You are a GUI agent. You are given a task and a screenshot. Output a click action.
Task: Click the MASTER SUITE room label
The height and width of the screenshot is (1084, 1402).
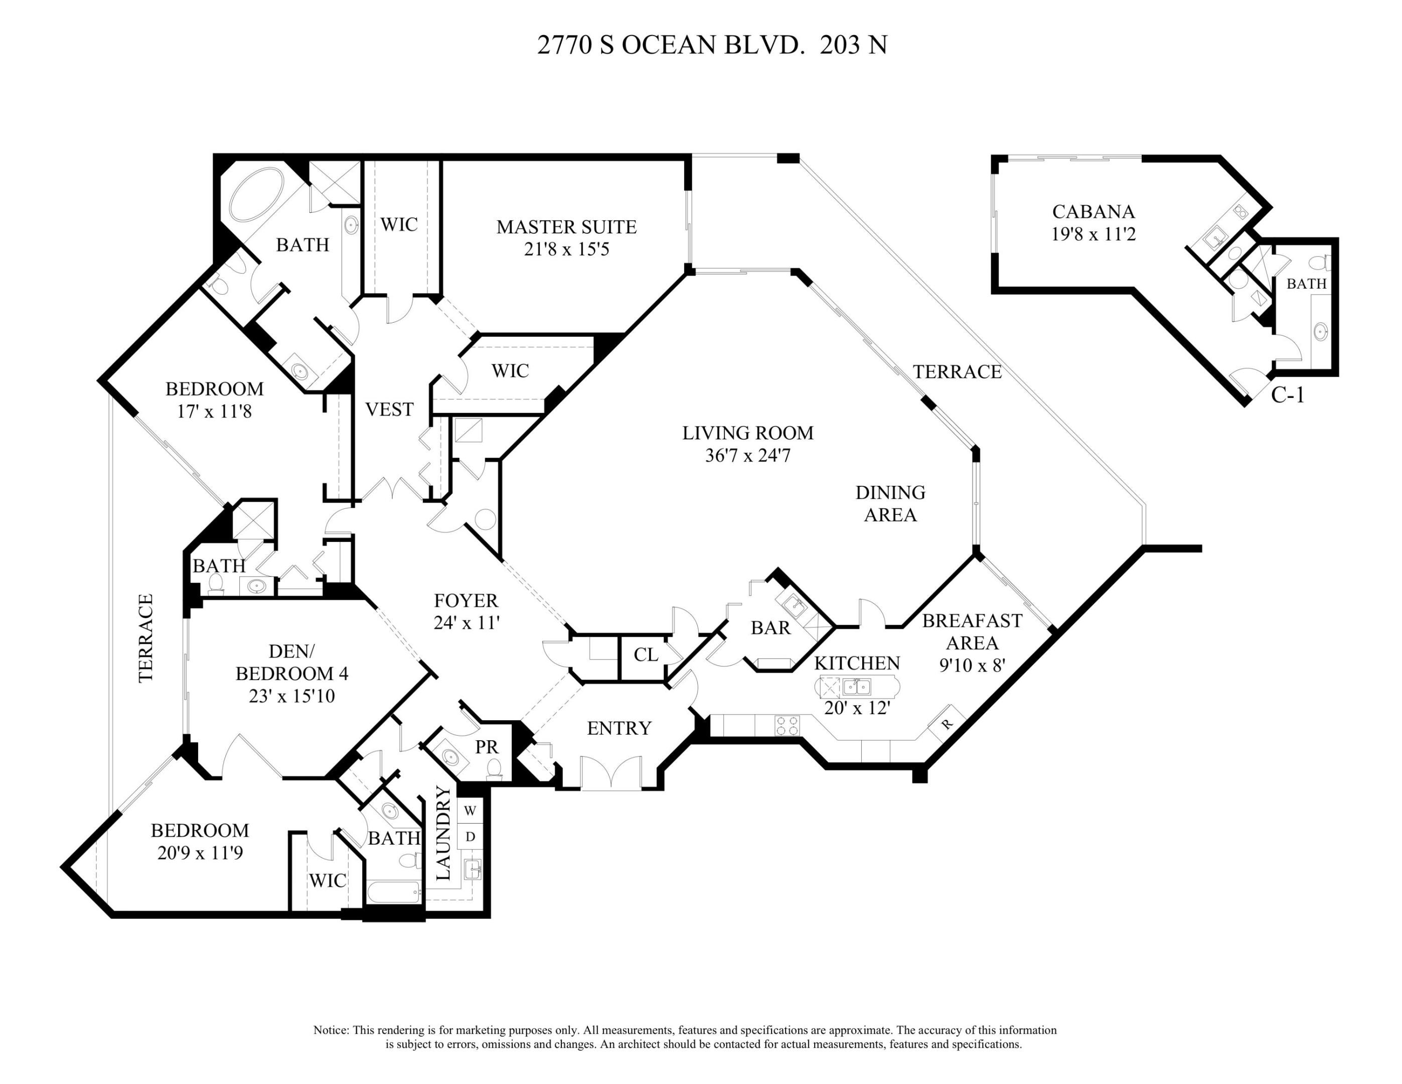point(566,227)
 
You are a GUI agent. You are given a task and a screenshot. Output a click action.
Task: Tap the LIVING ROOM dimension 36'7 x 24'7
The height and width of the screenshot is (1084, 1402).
point(747,455)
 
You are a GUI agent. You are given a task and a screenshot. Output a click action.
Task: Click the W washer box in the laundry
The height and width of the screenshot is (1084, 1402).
point(470,811)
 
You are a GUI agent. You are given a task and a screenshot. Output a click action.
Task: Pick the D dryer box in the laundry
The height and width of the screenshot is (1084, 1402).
point(470,837)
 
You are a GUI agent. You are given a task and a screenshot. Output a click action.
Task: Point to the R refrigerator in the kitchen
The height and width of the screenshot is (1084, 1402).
point(947,723)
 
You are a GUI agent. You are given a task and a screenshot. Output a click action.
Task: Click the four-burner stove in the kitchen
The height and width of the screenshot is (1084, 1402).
point(787,726)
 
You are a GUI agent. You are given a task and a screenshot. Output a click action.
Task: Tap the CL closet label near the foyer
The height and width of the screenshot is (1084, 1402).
point(645,654)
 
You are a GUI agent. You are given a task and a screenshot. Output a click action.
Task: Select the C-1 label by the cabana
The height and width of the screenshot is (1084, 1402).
point(1288,395)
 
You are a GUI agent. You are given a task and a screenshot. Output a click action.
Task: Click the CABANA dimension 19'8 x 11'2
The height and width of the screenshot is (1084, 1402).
point(1093,234)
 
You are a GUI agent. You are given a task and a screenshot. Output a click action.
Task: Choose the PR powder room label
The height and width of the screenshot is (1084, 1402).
point(487,747)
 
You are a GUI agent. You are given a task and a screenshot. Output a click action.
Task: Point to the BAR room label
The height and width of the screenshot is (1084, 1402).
point(770,627)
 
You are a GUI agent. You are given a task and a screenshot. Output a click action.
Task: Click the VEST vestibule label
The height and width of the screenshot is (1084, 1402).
point(389,409)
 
